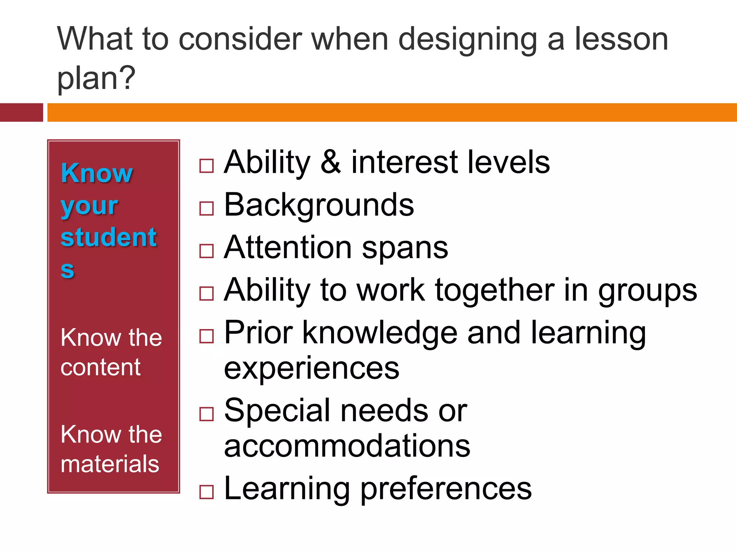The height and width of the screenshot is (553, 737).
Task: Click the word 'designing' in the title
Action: [468, 40]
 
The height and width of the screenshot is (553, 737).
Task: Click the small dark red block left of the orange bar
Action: [21, 112]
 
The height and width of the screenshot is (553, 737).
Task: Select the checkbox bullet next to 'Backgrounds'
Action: [207, 208]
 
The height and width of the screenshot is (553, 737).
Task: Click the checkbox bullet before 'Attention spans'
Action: [207, 251]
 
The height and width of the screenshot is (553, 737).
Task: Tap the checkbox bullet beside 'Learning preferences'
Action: [207, 492]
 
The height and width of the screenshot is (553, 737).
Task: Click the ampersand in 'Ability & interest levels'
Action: [330, 162]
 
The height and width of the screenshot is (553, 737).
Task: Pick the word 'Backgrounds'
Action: [319, 205]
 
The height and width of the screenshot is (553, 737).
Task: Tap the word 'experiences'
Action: [312, 369]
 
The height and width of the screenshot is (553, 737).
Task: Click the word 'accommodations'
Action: [347, 446]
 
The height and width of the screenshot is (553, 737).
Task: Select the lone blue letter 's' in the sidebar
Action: [67, 270]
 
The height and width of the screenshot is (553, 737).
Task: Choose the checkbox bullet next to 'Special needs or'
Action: [207, 414]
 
